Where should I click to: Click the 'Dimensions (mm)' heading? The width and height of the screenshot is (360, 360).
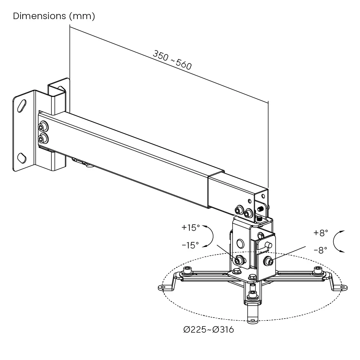(x=54, y=16)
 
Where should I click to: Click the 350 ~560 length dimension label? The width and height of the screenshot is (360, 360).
(x=172, y=60)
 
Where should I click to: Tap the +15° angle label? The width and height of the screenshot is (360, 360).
(x=190, y=228)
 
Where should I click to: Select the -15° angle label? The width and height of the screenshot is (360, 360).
(x=190, y=246)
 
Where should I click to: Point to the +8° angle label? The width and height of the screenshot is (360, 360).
(x=321, y=233)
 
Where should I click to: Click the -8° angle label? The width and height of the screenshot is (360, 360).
(x=320, y=250)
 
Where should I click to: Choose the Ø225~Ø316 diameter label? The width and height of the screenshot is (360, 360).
(x=208, y=329)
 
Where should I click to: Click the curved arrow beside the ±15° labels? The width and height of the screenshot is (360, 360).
(x=210, y=236)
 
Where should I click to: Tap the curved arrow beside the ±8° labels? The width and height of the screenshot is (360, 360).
(x=337, y=241)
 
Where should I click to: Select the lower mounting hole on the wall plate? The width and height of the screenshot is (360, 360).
(x=22, y=157)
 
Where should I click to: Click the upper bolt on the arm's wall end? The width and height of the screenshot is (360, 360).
(x=43, y=127)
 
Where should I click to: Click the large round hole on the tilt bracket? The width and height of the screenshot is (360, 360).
(x=240, y=244)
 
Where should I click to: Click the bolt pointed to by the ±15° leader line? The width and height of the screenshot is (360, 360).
(x=238, y=260)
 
